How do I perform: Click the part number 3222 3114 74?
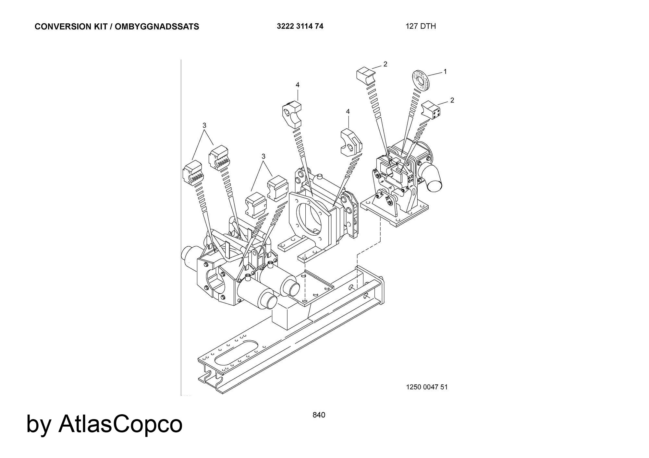click(x=300, y=26)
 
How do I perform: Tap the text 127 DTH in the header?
click(x=421, y=26)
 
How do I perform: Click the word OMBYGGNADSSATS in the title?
click(x=157, y=27)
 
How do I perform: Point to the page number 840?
click(x=319, y=415)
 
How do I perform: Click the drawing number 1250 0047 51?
click(x=427, y=387)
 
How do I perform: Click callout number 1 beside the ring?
click(x=445, y=72)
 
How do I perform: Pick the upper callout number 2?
click(x=385, y=64)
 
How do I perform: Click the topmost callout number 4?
click(x=297, y=85)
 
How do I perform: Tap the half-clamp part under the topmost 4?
click(x=291, y=114)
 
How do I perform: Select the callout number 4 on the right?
click(x=348, y=112)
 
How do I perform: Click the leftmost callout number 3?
click(x=204, y=125)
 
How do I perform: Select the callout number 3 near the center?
click(x=263, y=156)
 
